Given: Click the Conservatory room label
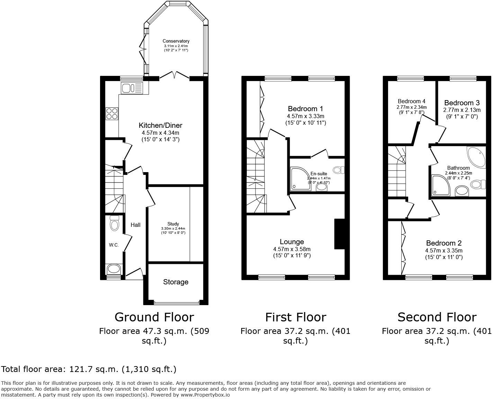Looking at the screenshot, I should pos(176,41).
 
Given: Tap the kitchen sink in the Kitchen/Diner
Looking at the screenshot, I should pos(132,88).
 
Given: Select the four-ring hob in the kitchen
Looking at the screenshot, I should pos(112,114).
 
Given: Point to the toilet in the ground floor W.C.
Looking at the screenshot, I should pos(114,223).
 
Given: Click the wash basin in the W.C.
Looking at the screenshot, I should pos(114,269).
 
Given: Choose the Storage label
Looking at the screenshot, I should pos(176,282).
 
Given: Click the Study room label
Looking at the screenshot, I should pos(173,224).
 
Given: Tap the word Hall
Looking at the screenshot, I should pos(135,225).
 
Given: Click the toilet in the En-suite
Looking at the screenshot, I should pos(339,170).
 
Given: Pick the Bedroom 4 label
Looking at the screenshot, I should pos(411,101).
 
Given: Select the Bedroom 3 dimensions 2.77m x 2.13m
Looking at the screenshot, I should pos(462,110).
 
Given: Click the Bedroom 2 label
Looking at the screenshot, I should pos(443,243).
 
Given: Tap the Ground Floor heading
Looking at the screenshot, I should pos(154,317).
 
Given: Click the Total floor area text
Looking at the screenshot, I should pos(89,369).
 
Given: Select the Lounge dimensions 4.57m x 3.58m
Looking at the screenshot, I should pos(292,249).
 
